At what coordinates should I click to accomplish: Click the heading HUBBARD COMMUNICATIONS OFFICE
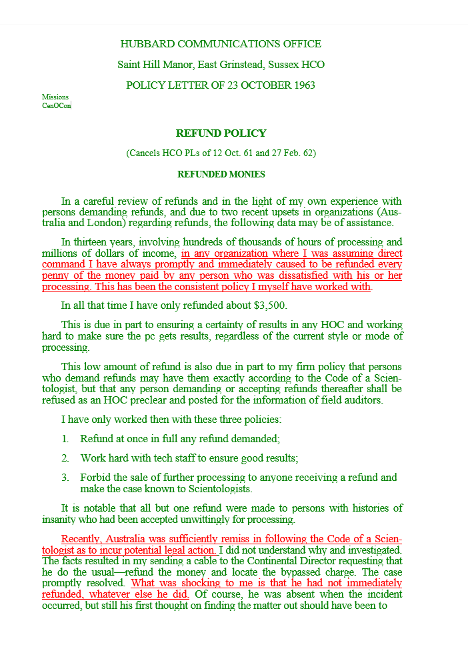coord(221,44)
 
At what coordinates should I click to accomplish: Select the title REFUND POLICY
coord(221,133)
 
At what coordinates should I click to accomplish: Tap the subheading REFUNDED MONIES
coord(221,175)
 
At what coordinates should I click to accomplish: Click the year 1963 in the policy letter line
coord(301,85)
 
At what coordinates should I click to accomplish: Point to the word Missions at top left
coord(55,97)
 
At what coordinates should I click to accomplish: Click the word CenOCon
coord(56,105)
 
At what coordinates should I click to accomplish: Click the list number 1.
coord(65,439)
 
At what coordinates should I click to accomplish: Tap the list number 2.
coord(65,458)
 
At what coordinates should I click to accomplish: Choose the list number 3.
coord(65,478)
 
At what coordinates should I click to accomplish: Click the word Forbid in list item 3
coord(95,478)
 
